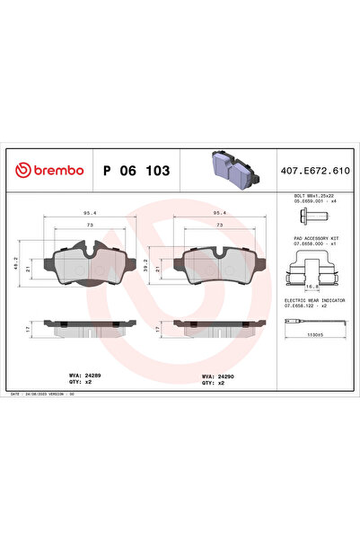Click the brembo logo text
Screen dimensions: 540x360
[49, 170]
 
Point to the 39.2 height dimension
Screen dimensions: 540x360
[145, 262]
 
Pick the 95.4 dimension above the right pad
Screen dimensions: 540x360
[216, 213]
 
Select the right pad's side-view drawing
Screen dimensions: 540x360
[216, 326]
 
